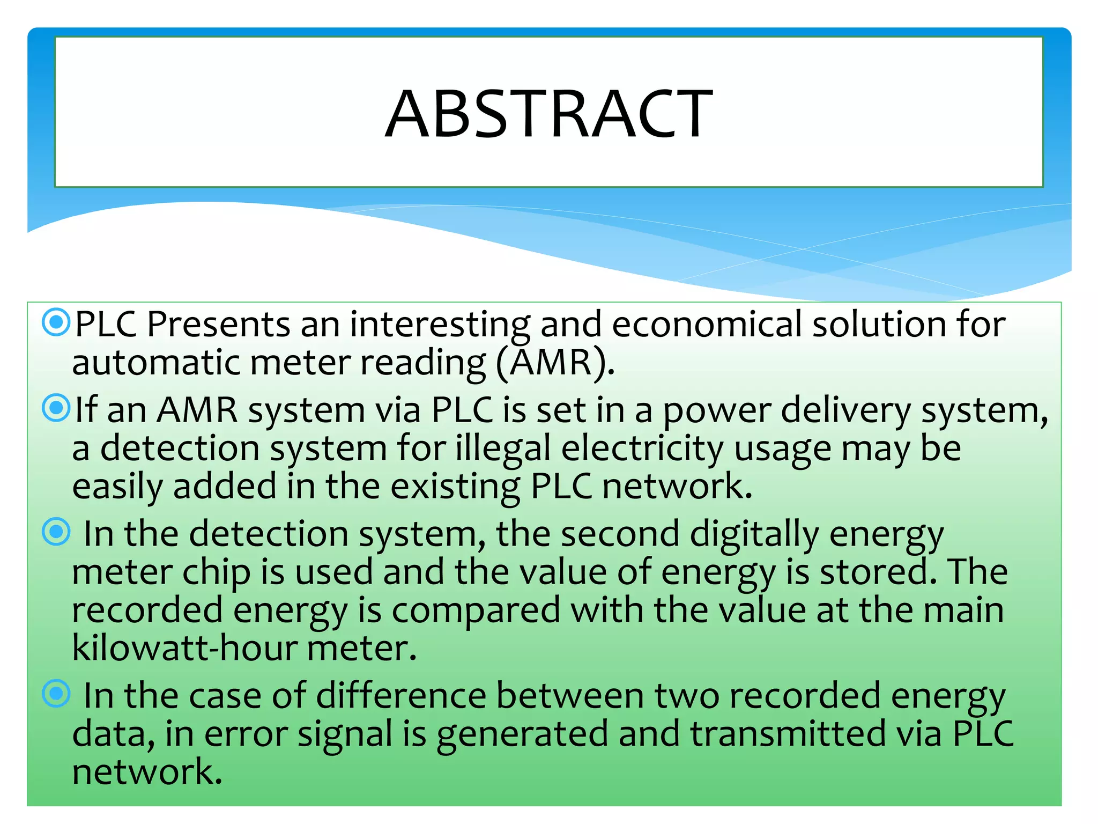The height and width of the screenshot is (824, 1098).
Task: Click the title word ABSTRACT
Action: [x=548, y=114]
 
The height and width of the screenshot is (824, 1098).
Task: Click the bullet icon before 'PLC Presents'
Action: [x=56, y=322]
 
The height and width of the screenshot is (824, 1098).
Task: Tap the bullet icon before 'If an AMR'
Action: [x=56, y=408]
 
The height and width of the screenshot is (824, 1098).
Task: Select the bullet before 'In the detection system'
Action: [x=56, y=532]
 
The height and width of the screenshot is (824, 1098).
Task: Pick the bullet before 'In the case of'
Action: [x=56, y=694]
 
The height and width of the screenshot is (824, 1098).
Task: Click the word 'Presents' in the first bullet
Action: [x=218, y=325]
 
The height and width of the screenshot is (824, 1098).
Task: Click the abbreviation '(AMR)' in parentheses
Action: [x=555, y=363]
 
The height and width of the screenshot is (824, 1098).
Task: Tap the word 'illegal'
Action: [x=503, y=449]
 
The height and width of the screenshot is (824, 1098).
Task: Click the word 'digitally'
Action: [x=754, y=535]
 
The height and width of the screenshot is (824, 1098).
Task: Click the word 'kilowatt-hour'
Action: [x=184, y=649]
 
